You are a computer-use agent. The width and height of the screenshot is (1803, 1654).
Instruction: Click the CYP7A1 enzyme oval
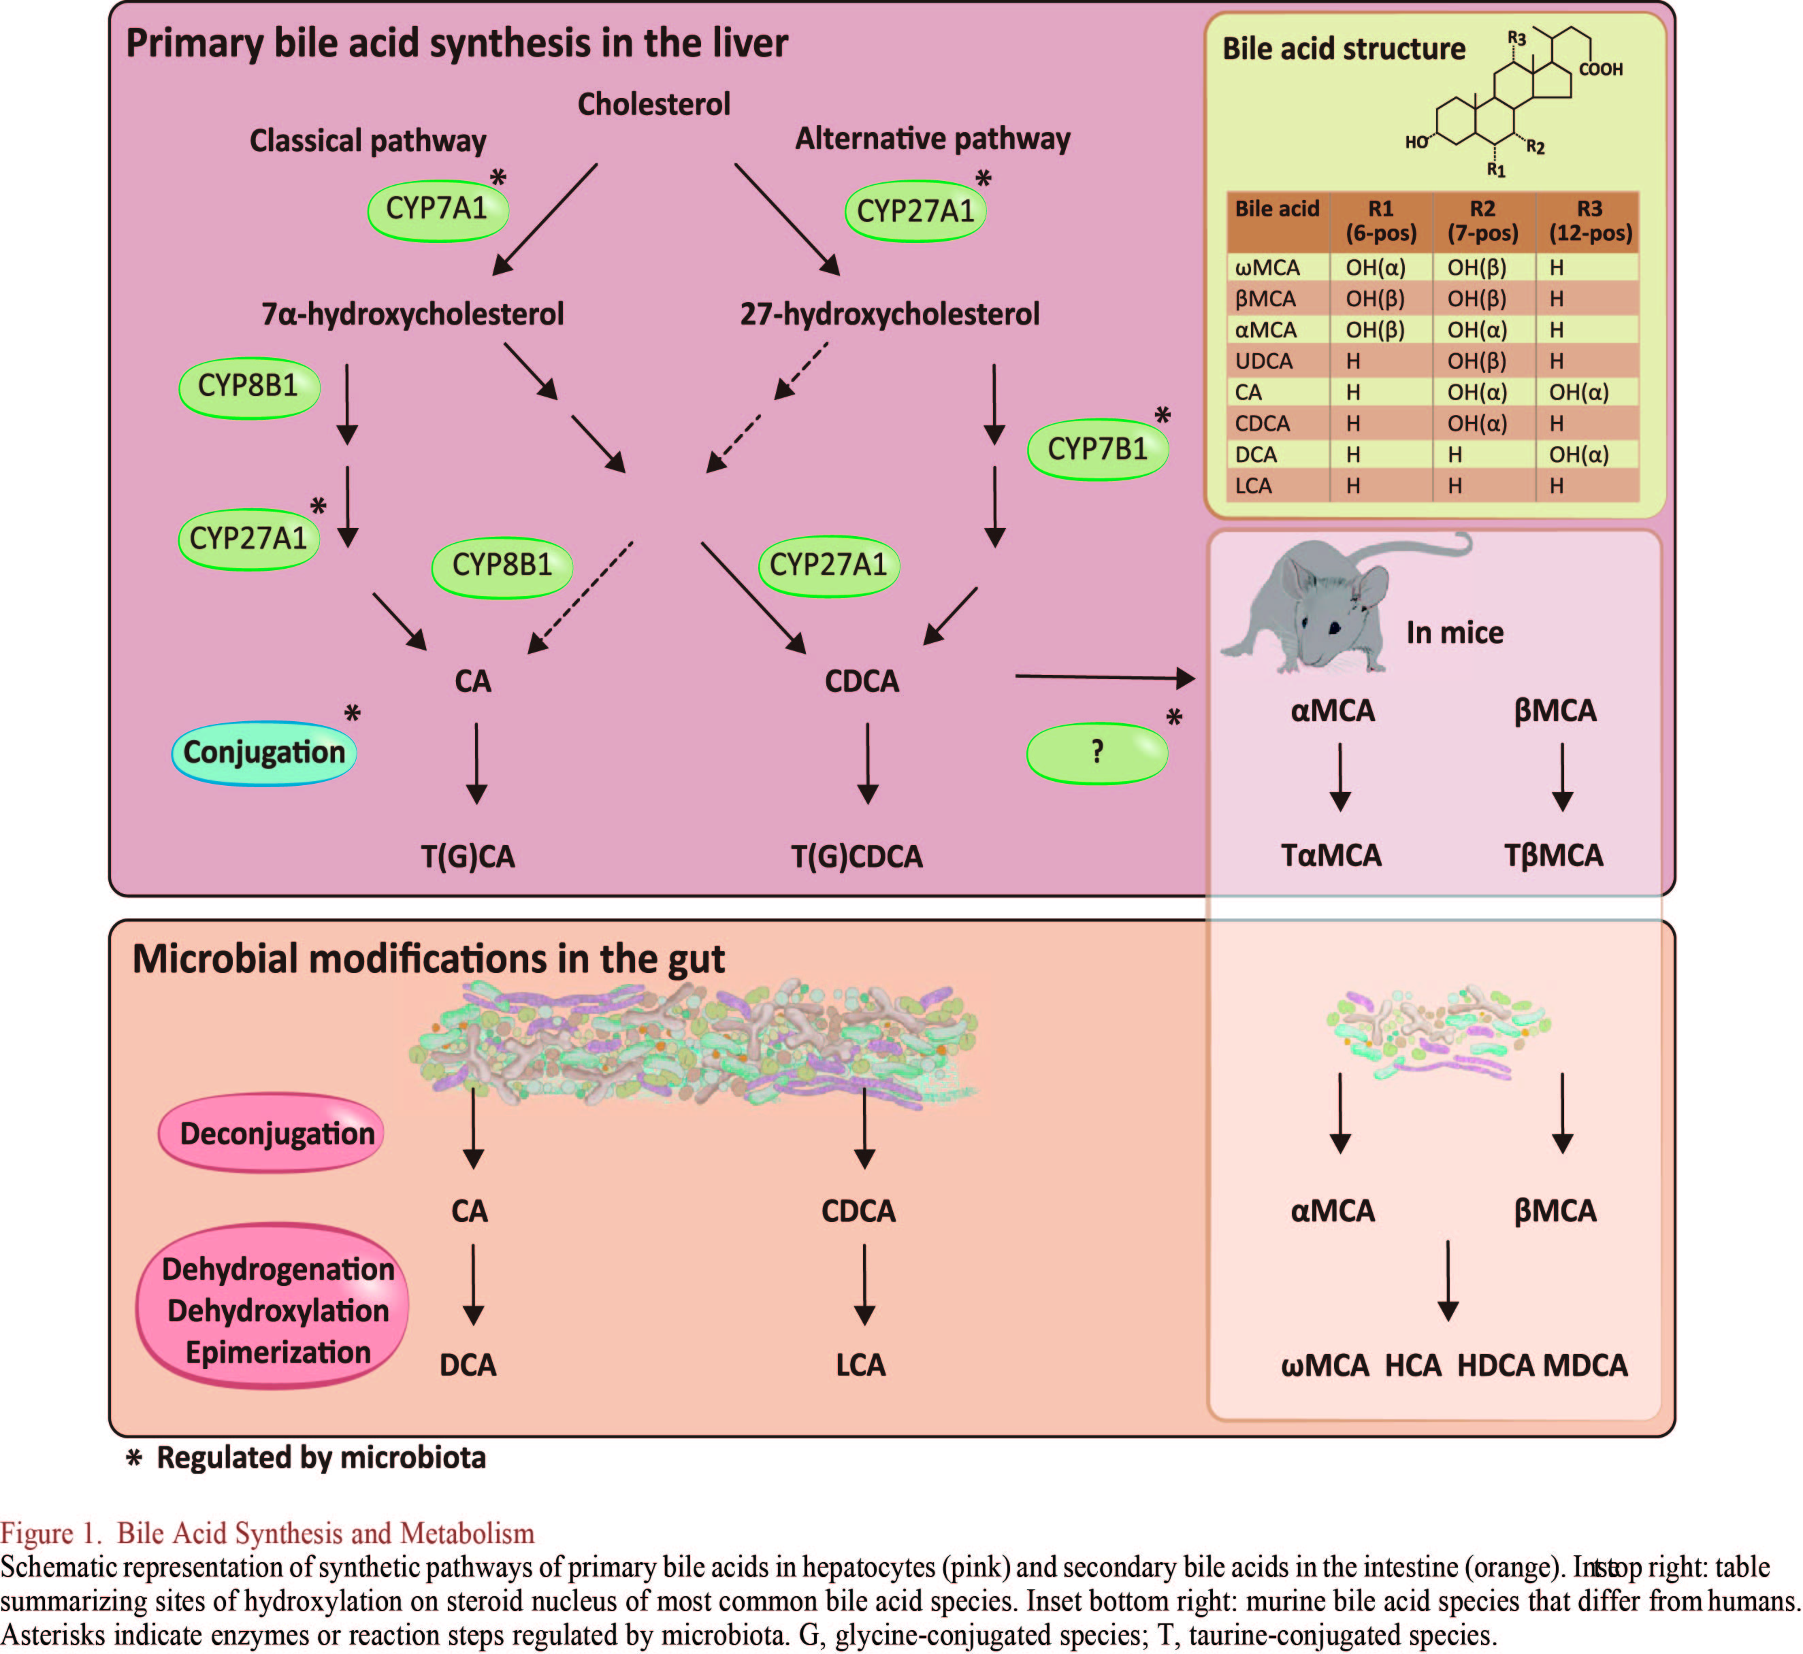[437, 210]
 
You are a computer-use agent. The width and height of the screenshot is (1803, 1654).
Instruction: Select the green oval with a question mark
[1097, 752]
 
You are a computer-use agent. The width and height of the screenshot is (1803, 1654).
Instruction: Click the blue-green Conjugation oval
[264, 752]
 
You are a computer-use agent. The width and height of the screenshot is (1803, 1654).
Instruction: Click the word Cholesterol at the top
[653, 105]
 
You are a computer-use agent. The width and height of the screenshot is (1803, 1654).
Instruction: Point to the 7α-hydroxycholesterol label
[412, 314]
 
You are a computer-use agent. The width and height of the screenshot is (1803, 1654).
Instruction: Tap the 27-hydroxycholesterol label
[889, 314]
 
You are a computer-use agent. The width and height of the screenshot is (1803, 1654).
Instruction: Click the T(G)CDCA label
[857, 857]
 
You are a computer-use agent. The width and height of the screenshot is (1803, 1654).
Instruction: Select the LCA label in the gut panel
[860, 1365]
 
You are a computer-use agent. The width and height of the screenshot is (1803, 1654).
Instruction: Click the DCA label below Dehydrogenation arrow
[468, 1365]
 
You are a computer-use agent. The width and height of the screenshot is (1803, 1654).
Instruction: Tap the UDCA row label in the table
[1263, 361]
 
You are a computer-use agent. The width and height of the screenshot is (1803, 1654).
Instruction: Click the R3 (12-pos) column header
[1590, 221]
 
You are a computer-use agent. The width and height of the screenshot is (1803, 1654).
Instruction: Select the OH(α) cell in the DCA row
[1578, 454]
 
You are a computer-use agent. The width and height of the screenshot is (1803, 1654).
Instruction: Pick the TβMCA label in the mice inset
[1553, 856]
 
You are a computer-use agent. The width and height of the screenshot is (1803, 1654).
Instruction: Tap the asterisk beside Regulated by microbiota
[134, 1459]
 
